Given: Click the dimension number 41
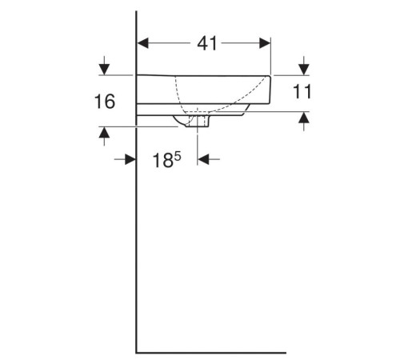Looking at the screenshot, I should pyautogui.click(x=207, y=44).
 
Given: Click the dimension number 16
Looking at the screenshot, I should pyautogui.click(x=103, y=102).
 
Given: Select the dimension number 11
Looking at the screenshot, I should pyautogui.click(x=302, y=92).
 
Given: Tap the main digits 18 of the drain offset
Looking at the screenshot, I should pyautogui.click(x=162, y=160).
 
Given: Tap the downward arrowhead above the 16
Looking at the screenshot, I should pyautogui.click(x=103, y=68).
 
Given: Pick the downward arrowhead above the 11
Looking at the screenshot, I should pyautogui.click(x=303, y=67).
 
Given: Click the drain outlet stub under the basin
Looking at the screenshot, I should pyautogui.click(x=197, y=121).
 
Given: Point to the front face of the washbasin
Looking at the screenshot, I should pyautogui.click(x=271, y=86).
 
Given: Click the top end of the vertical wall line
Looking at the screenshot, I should pyautogui.click(x=137, y=12).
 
